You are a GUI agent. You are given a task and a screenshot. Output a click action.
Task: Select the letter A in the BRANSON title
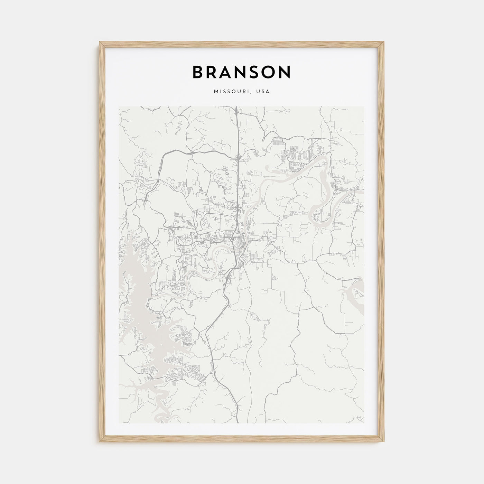coord(229,72)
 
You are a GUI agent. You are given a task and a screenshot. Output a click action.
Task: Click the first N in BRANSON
coord(244,72)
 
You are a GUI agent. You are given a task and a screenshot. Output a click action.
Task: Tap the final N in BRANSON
coord(285,72)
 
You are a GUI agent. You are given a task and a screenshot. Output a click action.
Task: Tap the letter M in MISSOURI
coord(216,92)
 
